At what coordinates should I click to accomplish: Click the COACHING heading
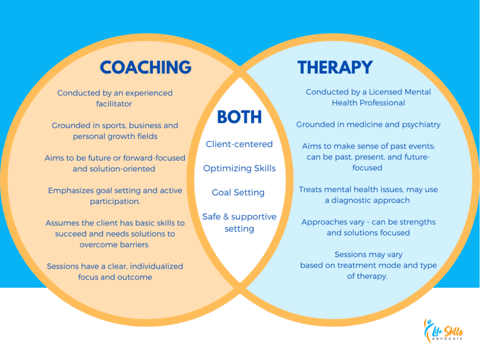click(x=145, y=67)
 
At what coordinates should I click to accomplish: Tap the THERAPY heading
click(x=335, y=67)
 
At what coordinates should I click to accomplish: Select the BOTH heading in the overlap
click(x=239, y=118)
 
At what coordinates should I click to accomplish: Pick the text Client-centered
click(x=239, y=144)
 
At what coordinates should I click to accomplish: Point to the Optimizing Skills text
click(x=239, y=168)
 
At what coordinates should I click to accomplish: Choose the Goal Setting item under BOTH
click(x=238, y=193)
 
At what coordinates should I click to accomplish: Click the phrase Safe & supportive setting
click(x=239, y=223)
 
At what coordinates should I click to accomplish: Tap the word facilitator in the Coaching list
click(x=115, y=104)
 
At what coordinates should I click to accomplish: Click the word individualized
click(x=157, y=266)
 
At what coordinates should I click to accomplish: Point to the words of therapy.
click(x=367, y=277)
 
